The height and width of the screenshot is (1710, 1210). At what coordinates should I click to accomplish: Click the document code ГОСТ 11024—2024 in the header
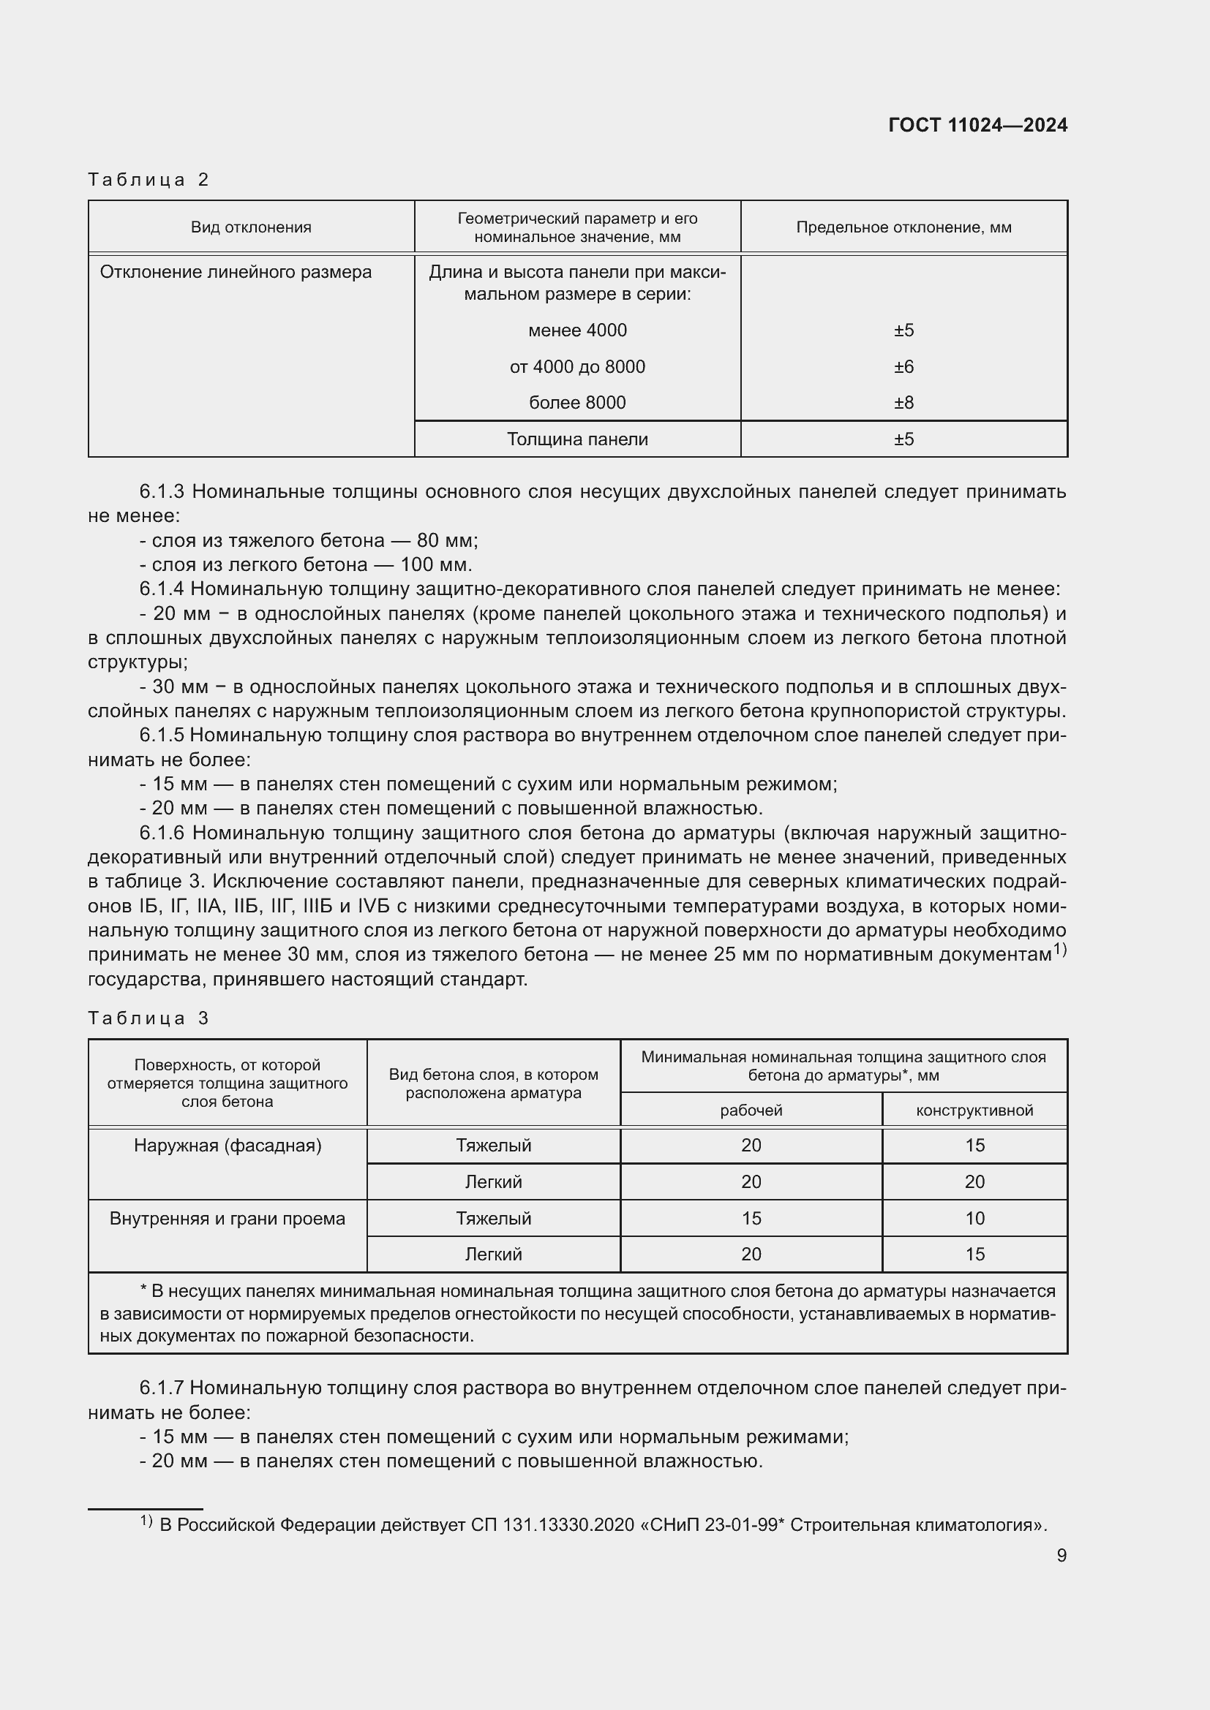point(977,125)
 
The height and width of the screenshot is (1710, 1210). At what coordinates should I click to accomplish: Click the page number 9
point(1061,1555)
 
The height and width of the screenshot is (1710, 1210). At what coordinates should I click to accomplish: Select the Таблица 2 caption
point(149,180)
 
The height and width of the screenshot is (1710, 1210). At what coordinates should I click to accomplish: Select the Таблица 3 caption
point(149,1018)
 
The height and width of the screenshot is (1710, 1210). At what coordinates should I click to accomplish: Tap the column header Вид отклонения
point(251,227)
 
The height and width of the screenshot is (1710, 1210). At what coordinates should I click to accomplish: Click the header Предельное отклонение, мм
point(903,227)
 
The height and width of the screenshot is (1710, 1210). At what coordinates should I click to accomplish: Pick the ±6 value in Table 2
point(903,366)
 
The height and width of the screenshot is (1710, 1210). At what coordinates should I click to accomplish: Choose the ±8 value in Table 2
point(903,403)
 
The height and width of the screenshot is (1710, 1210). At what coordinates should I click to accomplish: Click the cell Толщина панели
point(576,439)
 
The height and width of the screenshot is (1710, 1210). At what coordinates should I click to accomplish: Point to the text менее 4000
point(576,330)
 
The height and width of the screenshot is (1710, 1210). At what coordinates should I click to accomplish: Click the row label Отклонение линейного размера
point(236,272)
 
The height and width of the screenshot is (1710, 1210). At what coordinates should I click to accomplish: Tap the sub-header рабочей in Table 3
point(751,1111)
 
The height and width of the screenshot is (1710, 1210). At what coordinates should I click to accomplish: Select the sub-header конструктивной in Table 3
point(974,1111)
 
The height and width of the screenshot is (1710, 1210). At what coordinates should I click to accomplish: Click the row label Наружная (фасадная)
point(228,1146)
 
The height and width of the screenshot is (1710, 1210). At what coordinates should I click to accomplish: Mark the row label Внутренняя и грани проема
point(228,1219)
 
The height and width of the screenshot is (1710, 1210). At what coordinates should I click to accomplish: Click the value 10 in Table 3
point(974,1219)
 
